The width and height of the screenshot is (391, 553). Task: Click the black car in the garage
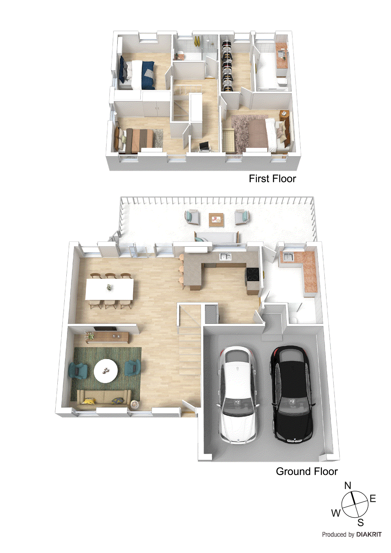pyautogui.click(x=293, y=394)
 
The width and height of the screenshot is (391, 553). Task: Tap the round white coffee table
pyautogui.click(x=106, y=371)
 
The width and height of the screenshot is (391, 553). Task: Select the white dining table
pyautogui.click(x=109, y=289)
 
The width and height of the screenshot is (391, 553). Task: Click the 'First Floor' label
pyautogui.click(x=272, y=179)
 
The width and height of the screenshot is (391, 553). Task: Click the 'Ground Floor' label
pyautogui.click(x=307, y=471)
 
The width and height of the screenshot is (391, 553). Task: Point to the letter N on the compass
pyautogui.click(x=348, y=486)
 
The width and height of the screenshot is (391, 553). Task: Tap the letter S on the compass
pyautogui.click(x=361, y=523)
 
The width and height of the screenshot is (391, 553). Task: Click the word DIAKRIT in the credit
pyautogui.click(x=369, y=534)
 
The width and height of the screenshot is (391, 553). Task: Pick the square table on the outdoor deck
pyautogui.click(x=216, y=220)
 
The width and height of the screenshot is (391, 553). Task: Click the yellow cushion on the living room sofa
pyautogui.click(x=89, y=401)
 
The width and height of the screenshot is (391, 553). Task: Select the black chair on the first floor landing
pyautogui.click(x=204, y=146)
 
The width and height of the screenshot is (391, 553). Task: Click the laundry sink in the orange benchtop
pyautogui.click(x=288, y=257)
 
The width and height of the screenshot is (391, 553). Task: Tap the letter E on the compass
pyautogui.click(x=373, y=498)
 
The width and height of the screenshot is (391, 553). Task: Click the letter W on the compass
pyautogui.click(x=336, y=513)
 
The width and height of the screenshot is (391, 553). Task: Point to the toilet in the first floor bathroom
pyautogui.click(x=282, y=82)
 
